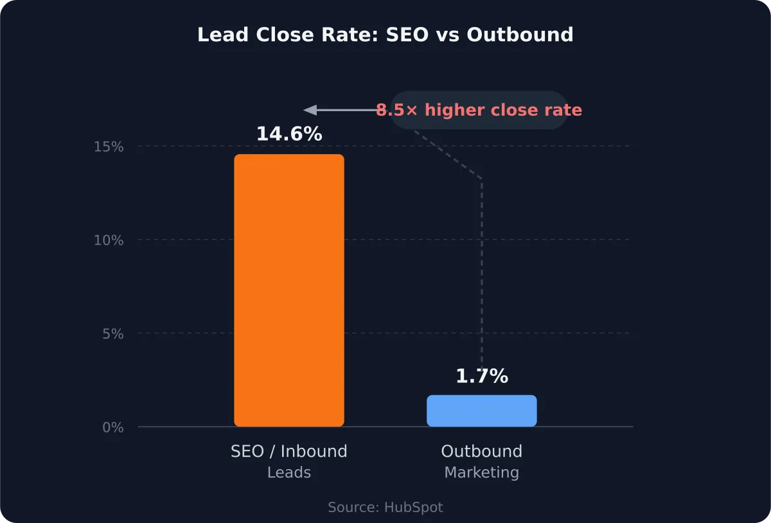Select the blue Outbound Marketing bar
[482, 411]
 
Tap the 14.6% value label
[289, 134]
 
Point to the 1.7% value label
[482, 377]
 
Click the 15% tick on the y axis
[109, 146]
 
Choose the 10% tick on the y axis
[109, 240]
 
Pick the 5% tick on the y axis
[112, 334]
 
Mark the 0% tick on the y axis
[112, 427]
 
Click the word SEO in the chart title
[407, 35]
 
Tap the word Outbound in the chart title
[520, 35]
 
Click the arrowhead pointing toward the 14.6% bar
[310, 110]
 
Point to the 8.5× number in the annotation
[396, 111]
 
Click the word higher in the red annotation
[455, 111]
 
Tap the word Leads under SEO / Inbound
[289, 473]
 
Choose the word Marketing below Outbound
[482, 473]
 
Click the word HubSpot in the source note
[414, 508]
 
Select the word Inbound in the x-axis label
[314, 452]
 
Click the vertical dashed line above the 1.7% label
[482, 270]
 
